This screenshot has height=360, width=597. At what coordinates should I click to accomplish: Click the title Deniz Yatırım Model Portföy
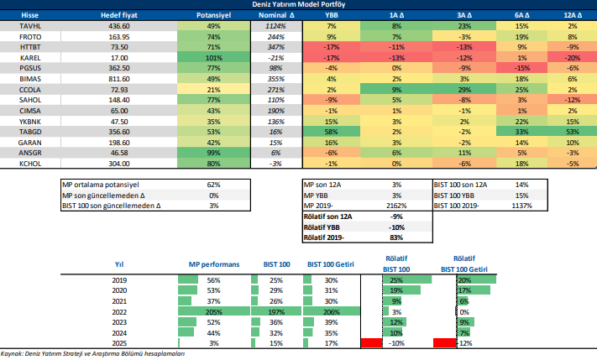tap(298, 4)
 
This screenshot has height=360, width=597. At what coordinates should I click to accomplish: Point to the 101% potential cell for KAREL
tap(213, 57)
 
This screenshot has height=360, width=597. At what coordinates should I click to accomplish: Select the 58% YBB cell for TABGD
tap(332, 132)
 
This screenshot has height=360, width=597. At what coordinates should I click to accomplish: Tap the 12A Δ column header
tap(573, 16)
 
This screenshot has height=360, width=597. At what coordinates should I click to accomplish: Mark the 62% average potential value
tap(213, 183)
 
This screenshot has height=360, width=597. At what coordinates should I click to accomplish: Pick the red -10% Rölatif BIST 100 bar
tap(371, 342)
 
